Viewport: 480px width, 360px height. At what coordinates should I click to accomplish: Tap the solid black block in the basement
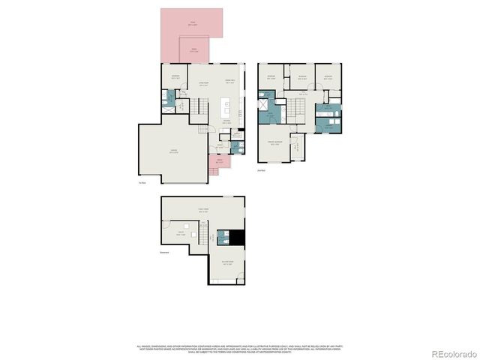[238, 237]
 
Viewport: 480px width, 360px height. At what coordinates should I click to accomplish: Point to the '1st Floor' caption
[141, 183]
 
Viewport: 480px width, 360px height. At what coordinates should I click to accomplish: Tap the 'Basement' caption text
[164, 253]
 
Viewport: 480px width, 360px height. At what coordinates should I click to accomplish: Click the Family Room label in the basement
[202, 211]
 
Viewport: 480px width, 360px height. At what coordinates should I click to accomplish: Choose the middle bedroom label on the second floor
[301, 77]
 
